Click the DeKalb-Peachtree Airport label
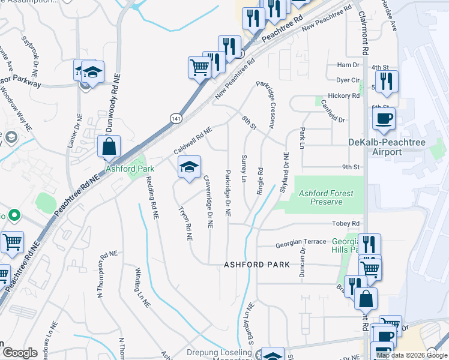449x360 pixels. [x=384, y=147]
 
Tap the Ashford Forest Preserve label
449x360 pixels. [x=327, y=197]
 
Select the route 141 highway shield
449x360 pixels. [x=174, y=119]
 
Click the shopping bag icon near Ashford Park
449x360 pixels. [x=109, y=146]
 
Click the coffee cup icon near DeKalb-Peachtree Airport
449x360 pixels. [x=384, y=118]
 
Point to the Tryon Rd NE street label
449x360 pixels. [x=185, y=224]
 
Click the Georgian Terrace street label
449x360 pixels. [x=300, y=244]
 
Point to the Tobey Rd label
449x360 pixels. [x=345, y=223]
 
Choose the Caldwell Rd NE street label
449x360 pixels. [x=193, y=139]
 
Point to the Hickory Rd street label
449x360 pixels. [x=343, y=95]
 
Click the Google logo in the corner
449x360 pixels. [x=20, y=353]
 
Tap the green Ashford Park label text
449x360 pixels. [x=126, y=169]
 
